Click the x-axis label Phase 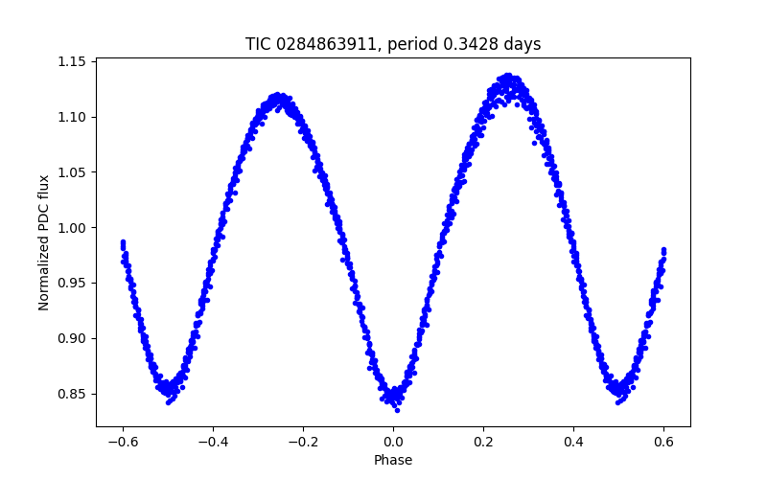[393, 460]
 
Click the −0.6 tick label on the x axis [123, 442]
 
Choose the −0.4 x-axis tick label [213, 442]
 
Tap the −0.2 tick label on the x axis [303, 442]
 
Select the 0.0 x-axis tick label [393, 442]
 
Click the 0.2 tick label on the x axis [483, 442]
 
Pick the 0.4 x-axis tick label [573, 442]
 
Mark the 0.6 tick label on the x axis [663, 442]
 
